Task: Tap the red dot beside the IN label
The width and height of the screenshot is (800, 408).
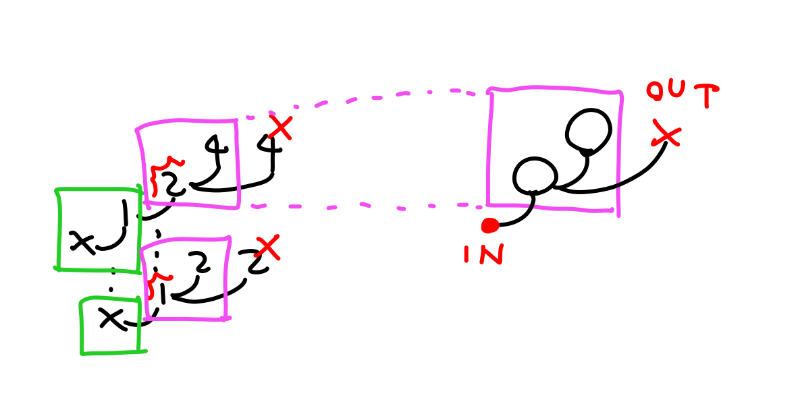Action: (490, 225)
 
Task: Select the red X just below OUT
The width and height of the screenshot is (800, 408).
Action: (666, 133)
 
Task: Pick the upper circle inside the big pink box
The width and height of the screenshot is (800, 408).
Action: (588, 129)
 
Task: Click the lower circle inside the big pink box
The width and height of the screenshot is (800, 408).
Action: (535, 176)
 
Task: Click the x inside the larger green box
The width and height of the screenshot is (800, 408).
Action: (82, 241)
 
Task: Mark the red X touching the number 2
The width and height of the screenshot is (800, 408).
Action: (268, 247)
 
